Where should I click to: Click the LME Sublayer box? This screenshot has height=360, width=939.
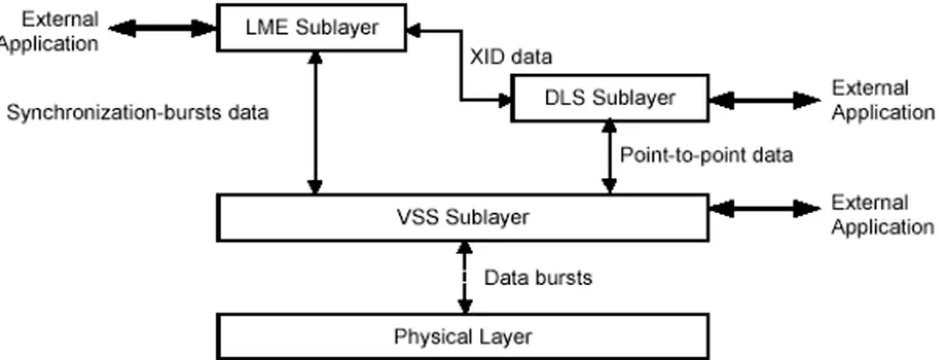[x=310, y=28]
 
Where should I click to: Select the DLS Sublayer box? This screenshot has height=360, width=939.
[x=609, y=97]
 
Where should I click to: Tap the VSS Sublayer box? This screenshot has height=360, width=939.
[x=462, y=217]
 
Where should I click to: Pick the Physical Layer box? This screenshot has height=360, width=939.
[x=462, y=337]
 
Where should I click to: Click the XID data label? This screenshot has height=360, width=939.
[x=510, y=57]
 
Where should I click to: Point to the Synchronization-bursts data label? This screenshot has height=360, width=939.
[x=137, y=112]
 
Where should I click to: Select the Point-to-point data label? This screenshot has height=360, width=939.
[x=706, y=156]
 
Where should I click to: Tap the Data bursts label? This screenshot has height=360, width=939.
[x=537, y=278]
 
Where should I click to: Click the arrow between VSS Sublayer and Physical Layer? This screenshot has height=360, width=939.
[x=464, y=277]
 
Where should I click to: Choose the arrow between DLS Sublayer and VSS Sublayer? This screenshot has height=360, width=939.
[x=609, y=157]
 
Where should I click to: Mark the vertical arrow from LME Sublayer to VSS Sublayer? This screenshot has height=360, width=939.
[x=316, y=122]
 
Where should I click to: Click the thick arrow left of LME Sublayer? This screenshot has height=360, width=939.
[x=160, y=29]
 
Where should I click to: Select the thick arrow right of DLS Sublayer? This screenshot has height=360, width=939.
[x=763, y=100]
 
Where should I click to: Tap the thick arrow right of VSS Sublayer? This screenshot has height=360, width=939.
[x=763, y=209]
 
